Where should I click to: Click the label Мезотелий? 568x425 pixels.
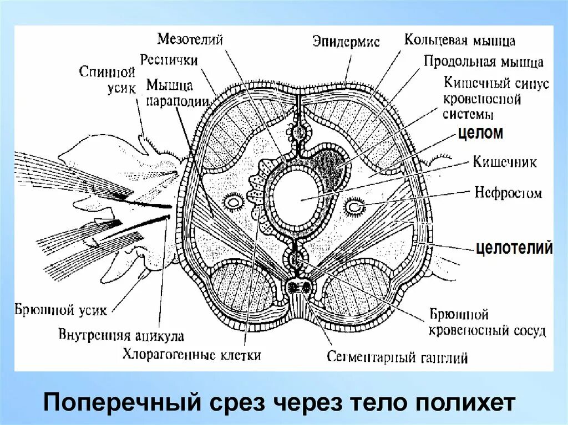[x=190, y=39]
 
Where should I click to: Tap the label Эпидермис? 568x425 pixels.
[x=346, y=42]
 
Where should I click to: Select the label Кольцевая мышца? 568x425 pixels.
[x=460, y=40]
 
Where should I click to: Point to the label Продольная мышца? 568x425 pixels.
[x=484, y=62]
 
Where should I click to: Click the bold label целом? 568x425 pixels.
[x=480, y=133]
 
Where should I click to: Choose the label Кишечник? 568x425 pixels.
[x=505, y=162]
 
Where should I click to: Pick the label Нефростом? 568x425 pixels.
[x=508, y=193]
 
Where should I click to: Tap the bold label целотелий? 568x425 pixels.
[x=514, y=248]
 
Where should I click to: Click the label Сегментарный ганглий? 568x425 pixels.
[x=397, y=357]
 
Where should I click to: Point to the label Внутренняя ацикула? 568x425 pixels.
[x=121, y=335]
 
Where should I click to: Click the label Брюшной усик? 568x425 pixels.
[x=61, y=309]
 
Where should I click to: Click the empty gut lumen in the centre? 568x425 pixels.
[x=301, y=198]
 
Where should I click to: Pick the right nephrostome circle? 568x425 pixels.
[x=354, y=207]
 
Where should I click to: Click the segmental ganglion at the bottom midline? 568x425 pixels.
[x=300, y=288]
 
